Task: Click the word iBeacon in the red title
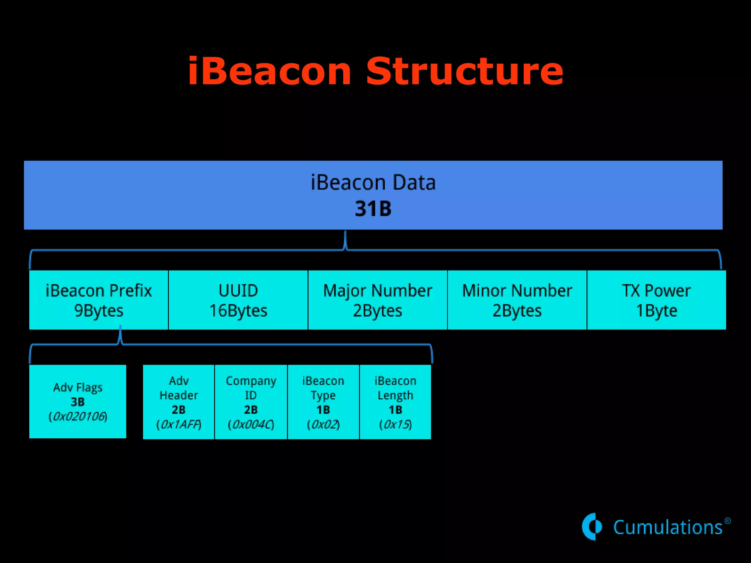click(270, 71)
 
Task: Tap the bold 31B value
click(373, 209)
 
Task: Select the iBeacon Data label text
click(373, 183)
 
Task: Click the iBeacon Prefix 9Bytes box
click(99, 300)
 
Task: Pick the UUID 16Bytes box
click(238, 300)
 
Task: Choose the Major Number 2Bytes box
click(377, 300)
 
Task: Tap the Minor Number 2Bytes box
click(517, 300)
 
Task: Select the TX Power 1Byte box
click(656, 300)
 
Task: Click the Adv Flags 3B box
click(78, 401)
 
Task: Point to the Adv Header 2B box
click(179, 402)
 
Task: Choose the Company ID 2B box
click(251, 402)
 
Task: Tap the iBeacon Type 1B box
click(323, 402)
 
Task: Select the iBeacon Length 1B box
click(395, 402)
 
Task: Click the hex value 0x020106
click(78, 417)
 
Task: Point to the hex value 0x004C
click(251, 424)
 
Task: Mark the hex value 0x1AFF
click(179, 424)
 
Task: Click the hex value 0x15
click(395, 424)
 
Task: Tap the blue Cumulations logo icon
click(592, 527)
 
